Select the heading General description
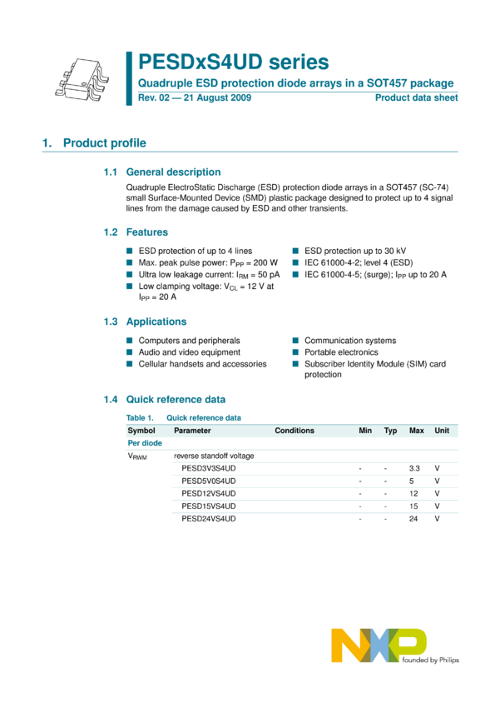click(x=173, y=172)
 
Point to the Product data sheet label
click(x=416, y=98)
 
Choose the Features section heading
click(x=146, y=232)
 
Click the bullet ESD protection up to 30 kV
click(x=354, y=251)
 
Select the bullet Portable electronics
click(x=340, y=352)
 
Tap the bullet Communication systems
click(x=349, y=341)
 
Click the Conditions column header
click(x=295, y=431)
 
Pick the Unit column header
click(x=442, y=431)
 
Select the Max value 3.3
click(x=414, y=468)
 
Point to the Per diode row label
click(x=145, y=443)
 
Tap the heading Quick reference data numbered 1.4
click(x=176, y=400)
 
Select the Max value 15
click(x=413, y=506)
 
